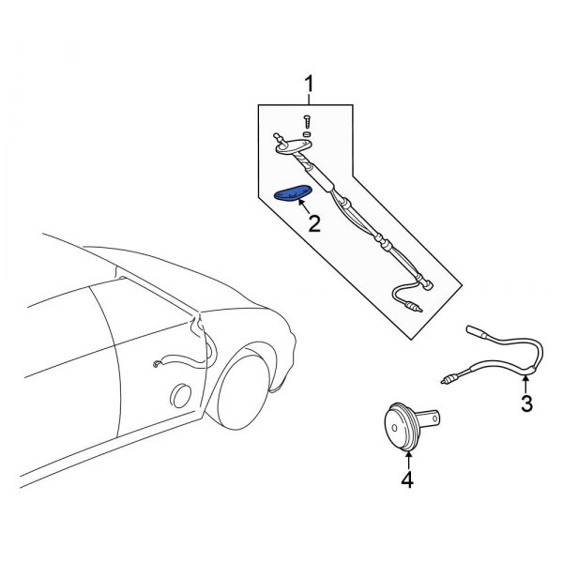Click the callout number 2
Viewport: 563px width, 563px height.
[314, 223]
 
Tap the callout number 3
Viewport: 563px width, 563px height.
[526, 404]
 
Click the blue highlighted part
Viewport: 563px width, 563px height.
[293, 194]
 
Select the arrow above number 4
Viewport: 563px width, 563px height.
[409, 459]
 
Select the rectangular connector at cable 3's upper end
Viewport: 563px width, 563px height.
[474, 330]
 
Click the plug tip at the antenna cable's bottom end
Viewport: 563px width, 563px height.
[414, 307]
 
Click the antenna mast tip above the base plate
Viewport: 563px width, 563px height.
[275, 134]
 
